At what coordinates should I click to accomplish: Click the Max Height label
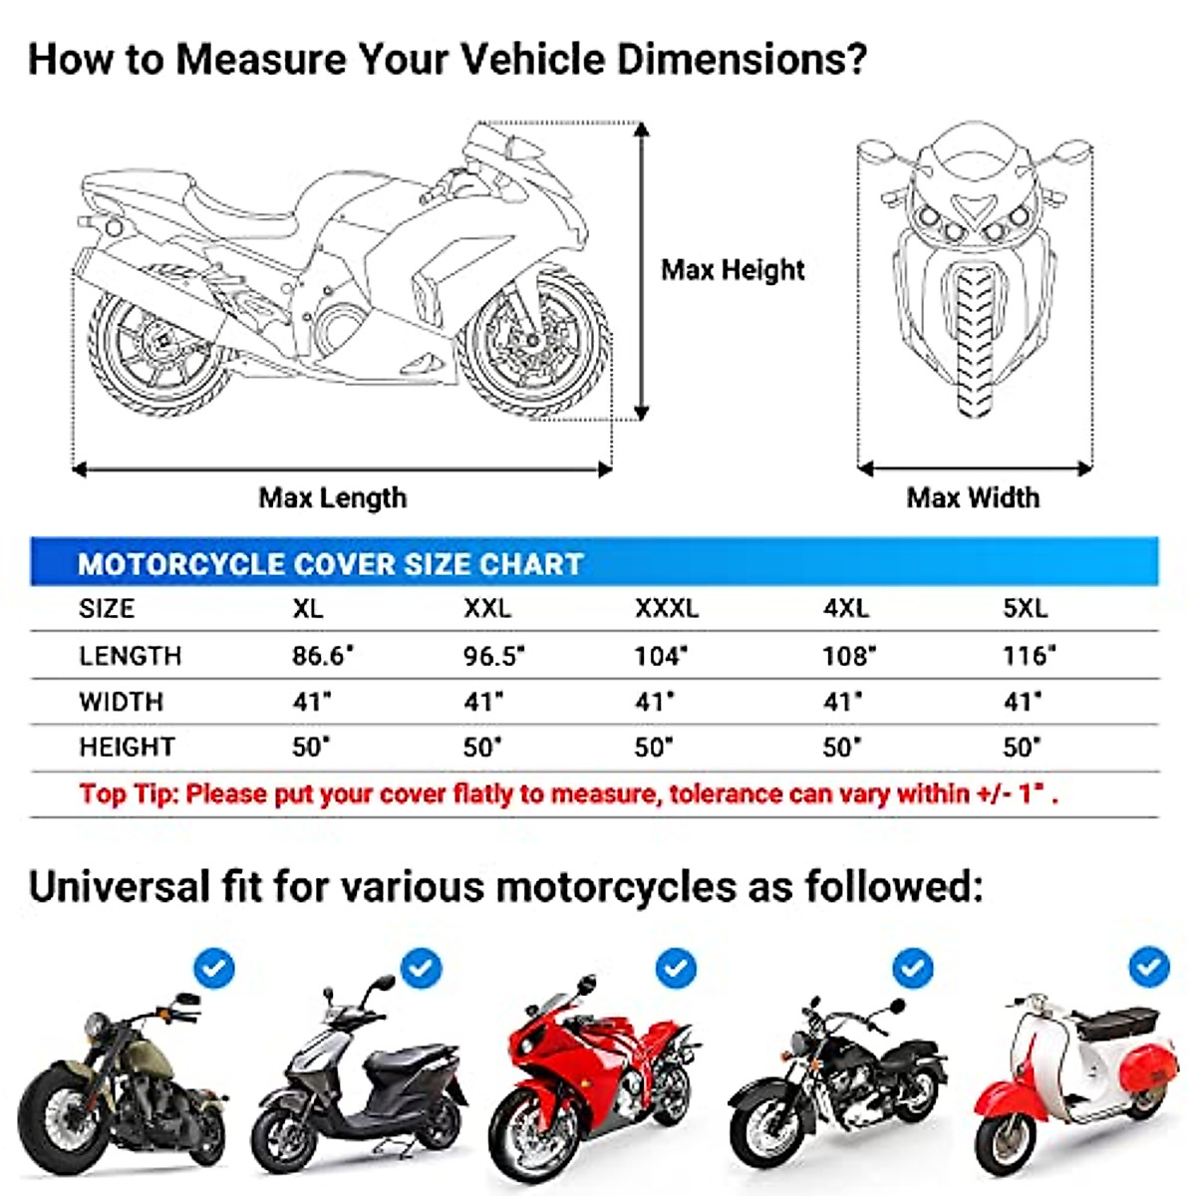point(733,270)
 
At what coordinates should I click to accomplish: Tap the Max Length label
point(333,497)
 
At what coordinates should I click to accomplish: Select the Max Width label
point(973,497)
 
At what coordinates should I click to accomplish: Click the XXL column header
point(487,608)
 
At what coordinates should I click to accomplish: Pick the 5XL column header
point(1026,608)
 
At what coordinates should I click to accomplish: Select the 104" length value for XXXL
point(661,656)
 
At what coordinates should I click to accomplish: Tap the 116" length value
point(1029,656)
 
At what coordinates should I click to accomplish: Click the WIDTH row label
point(121,702)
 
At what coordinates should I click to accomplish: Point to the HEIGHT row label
point(127,747)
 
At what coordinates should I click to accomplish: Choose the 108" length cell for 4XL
point(849,656)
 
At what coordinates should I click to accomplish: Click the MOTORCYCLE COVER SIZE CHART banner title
point(330,564)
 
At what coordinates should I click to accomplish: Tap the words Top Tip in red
point(129,794)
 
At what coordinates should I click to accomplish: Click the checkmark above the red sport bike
point(676,968)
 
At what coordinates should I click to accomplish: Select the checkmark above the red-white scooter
point(1149,966)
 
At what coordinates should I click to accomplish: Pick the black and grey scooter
point(359,1091)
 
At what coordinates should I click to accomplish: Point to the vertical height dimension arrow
point(642,271)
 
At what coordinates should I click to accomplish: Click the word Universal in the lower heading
point(119,886)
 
